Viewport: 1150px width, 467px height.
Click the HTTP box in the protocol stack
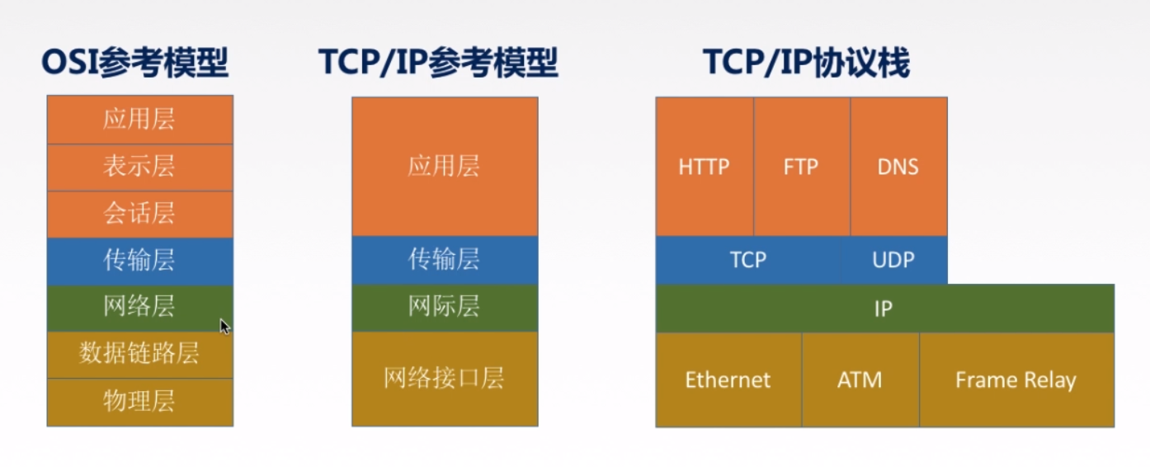[x=704, y=167]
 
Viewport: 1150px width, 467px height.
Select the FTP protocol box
[x=800, y=167]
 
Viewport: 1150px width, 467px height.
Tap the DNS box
[x=898, y=167]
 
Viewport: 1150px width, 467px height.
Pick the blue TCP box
[x=747, y=260]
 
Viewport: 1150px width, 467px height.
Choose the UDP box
[x=893, y=260]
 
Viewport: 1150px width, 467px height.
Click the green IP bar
[x=884, y=309]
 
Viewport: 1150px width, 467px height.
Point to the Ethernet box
[x=728, y=380]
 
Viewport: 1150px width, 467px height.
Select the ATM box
[x=860, y=380]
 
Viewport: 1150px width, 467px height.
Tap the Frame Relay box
[x=1016, y=380]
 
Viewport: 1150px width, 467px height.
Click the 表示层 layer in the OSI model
[x=139, y=167]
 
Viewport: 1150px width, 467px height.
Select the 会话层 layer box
[x=139, y=215]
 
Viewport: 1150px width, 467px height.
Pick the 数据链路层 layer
[x=139, y=355]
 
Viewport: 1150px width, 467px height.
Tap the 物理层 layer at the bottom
[x=139, y=402]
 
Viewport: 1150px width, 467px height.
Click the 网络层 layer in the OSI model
[x=139, y=308]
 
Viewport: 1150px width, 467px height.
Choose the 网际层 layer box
[x=444, y=308]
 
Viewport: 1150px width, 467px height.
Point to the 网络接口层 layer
[x=444, y=379]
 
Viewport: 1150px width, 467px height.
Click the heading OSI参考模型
[x=135, y=63]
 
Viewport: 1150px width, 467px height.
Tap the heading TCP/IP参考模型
[x=438, y=63]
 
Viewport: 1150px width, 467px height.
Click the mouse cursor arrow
[x=224, y=327]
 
